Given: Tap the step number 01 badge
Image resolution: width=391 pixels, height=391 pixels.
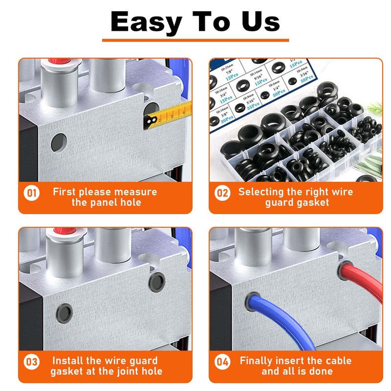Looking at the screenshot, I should tap(32, 193).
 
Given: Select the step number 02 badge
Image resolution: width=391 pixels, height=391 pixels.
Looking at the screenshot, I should tap(222, 193).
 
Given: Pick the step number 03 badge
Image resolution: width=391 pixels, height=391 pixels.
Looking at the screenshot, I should tap(32, 362).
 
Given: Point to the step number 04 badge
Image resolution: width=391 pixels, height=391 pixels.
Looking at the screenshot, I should tap(222, 362).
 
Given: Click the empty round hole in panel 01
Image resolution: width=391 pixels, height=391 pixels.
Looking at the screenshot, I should tap(59, 142).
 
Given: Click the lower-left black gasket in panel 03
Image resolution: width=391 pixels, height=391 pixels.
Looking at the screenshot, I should tap(64, 311).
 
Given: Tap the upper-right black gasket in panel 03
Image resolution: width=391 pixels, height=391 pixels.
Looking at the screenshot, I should tap(157, 281).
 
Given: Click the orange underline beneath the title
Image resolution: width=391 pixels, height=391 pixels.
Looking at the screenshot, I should tap(195, 41).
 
